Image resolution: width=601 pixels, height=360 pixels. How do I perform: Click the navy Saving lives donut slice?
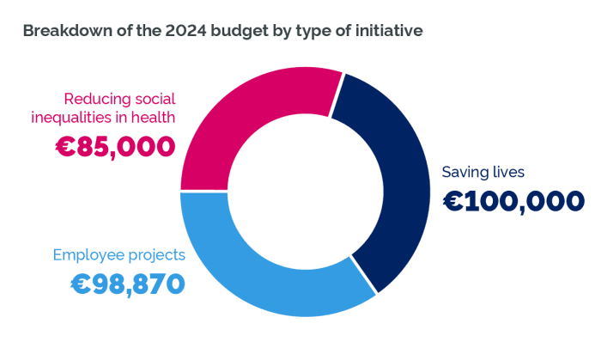tap(391, 180)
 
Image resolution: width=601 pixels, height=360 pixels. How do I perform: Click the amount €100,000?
tap(513, 202)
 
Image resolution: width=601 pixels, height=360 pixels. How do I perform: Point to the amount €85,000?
tap(115, 146)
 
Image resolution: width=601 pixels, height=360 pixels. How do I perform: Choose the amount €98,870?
tap(128, 283)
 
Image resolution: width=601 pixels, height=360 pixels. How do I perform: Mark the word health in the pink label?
tap(154, 119)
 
